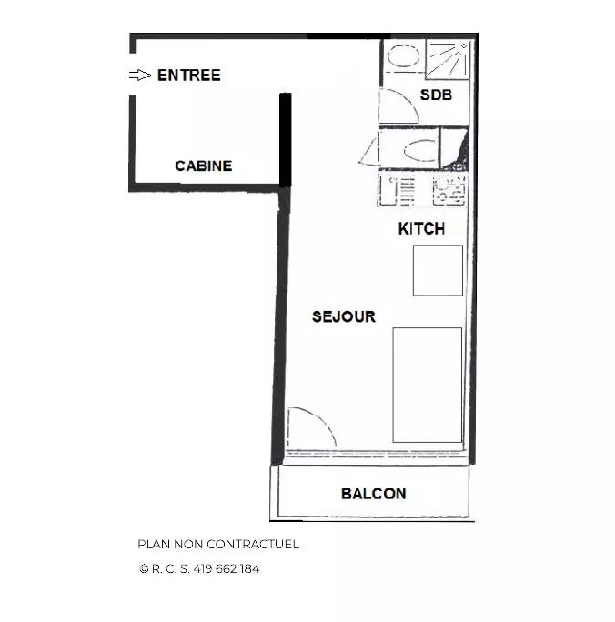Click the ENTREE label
tap(189, 75)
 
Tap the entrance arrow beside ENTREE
tap(140, 75)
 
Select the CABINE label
tap(204, 166)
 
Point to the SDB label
tap(436, 95)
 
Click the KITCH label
tap(421, 229)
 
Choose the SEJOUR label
tap(344, 316)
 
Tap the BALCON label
tap(373, 494)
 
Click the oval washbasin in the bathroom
tap(403, 55)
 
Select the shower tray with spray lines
tap(448, 59)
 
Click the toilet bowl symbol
tap(419, 150)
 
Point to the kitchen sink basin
tap(388, 190)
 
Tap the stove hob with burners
tap(449, 190)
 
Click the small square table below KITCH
tap(438, 270)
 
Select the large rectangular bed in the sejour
tap(428, 385)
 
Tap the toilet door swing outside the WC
tap(369, 153)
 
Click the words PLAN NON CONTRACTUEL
tap(218, 544)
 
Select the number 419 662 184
tap(227, 569)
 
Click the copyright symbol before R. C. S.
tap(144, 569)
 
